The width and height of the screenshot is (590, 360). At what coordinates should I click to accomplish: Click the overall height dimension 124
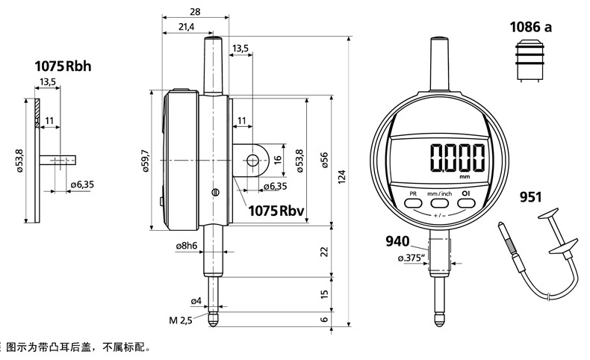coord(341,176)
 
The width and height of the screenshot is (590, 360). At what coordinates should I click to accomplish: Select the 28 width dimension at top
coord(195,12)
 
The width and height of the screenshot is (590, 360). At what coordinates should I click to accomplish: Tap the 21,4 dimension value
coord(186,27)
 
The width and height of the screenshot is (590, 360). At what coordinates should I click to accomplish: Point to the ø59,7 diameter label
coord(146,161)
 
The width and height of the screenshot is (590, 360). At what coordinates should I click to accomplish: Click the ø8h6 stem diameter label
coord(187,246)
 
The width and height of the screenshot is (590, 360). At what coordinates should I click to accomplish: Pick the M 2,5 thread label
coord(181,320)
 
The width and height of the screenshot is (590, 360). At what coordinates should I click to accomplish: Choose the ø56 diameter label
coord(324,160)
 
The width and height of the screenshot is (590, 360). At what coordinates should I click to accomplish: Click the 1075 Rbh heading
coord(63,66)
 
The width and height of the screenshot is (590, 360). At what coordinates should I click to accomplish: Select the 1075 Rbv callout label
coord(276,211)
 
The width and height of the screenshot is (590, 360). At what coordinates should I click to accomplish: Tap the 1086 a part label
coord(530,27)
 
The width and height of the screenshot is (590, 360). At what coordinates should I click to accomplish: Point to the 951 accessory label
coord(530,196)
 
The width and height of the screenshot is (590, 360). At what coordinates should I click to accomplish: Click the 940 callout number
coord(397,241)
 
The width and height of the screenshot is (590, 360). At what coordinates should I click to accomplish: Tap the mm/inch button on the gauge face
coord(439,203)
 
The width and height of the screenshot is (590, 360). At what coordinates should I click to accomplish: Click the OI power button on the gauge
coord(466,203)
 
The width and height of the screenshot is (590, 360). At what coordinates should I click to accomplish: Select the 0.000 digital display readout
coord(458,158)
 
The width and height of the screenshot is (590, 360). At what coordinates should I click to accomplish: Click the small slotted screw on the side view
coord(216,192)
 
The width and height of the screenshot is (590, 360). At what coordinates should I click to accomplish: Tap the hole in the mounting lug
coord(252,161)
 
